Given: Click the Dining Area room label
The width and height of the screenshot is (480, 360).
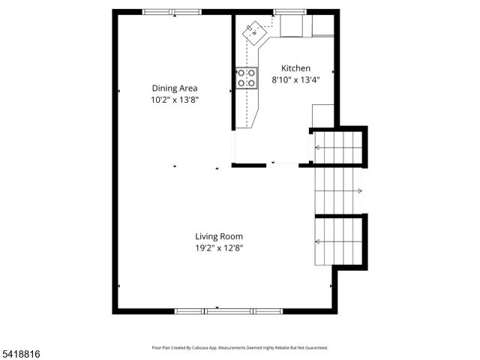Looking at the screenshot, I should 174,88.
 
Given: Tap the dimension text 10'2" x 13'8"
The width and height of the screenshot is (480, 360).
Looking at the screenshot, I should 174,99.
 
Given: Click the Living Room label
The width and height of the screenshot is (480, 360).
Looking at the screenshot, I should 219,236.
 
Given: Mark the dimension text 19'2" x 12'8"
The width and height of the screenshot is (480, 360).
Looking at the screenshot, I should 219,247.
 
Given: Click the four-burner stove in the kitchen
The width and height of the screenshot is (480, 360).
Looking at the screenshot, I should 247,78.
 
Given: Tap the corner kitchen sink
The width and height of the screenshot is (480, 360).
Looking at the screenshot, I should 255,30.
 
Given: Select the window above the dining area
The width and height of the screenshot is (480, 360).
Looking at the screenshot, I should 172,12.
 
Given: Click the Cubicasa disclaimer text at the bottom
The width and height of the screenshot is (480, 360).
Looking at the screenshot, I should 239,348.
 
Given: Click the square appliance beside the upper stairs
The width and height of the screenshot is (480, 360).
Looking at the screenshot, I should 322,115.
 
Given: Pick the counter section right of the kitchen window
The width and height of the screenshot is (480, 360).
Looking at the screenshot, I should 322,25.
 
